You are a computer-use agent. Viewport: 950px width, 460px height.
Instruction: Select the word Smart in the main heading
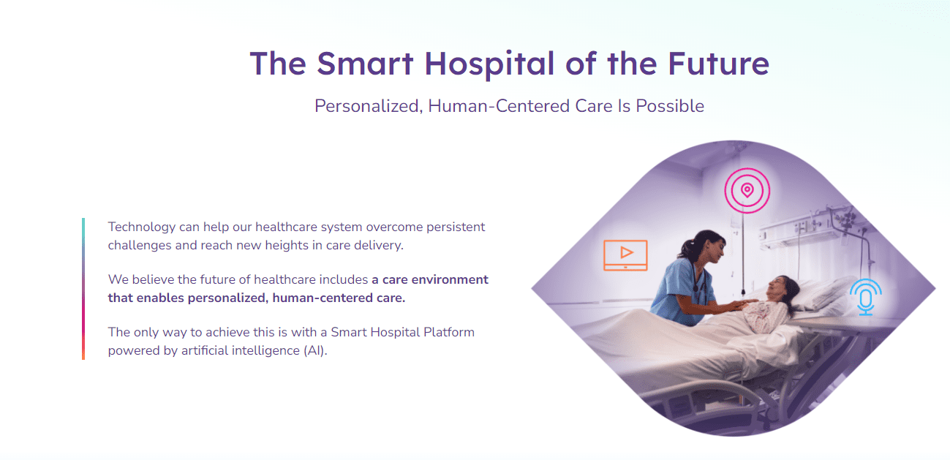click(x=366, y=64)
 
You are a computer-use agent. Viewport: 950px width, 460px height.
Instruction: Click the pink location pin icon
click(x=747, y=191)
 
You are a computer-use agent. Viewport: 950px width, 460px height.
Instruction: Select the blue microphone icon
click(x=866, y=296)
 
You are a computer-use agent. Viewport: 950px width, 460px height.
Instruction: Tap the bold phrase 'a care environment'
click(x=430, y=279)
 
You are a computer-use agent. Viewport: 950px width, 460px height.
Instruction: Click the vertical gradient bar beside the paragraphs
click(x=83, y=289)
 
